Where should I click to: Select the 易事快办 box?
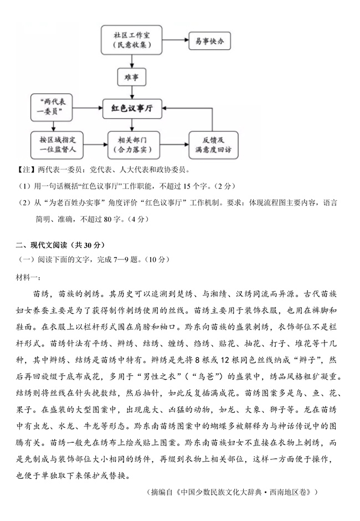pos(209,40)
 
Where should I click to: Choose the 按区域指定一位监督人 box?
pos(54,145)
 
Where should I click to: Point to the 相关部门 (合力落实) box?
pos(132,145)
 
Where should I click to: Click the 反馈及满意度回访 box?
pos(213,145)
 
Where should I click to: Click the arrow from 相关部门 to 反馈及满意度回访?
pos(174,145)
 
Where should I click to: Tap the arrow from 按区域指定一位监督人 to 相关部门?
pos(92,145)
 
